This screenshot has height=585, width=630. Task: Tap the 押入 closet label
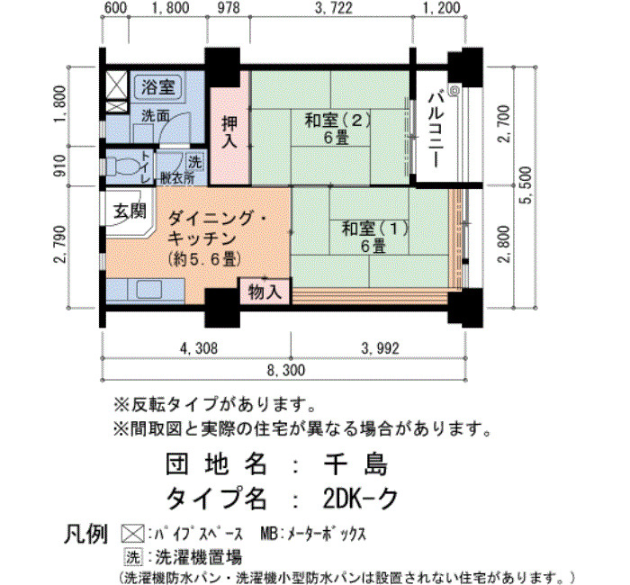point(229,132)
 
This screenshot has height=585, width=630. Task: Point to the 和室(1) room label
point(374,229)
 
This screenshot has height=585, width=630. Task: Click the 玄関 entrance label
point(130,211)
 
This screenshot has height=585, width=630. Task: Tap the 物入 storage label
point(265,292)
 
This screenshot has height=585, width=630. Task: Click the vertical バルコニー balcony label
point(436,130)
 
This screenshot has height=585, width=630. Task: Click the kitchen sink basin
point(149,289)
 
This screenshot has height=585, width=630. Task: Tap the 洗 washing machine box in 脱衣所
point(195,161)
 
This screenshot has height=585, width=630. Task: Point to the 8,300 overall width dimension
point(286,370)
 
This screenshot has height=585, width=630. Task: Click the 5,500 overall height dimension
point(526,185)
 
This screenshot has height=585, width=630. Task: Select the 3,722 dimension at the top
point(334,7)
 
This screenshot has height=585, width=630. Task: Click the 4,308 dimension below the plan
point(199,348)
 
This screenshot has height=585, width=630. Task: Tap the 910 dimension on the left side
point(60,166)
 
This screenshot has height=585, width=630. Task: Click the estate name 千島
point(356,464)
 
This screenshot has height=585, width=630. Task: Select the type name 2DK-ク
point(360,499)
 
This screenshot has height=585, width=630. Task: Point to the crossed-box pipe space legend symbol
point(132,534)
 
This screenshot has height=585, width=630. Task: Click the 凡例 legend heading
point(86,534)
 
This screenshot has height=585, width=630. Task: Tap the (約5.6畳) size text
point(205,259)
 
